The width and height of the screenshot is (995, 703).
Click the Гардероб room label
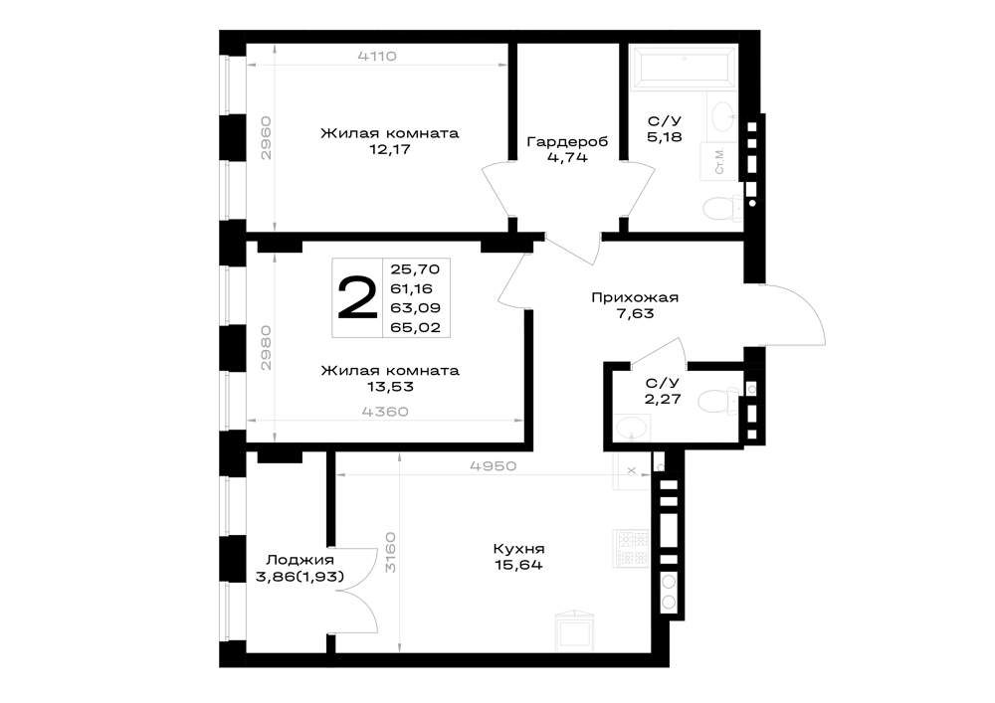coord(567,141)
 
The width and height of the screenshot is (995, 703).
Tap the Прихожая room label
coord(635,297)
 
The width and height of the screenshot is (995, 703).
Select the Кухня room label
coord(518,549)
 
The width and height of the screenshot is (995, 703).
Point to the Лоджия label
coord(299,560)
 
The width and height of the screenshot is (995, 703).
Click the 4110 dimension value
coord(377,56)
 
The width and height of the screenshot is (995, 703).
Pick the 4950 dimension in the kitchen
coord(494,466)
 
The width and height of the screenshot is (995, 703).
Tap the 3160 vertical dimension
coord(390,552)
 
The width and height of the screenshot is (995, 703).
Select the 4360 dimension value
coord(385,412)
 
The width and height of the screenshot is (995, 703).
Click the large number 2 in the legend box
coord(357,298)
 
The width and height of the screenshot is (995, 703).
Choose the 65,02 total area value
coord(416,328)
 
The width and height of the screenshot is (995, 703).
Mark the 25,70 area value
coord(415,269)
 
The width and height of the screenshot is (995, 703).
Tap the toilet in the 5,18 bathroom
coord(722,208)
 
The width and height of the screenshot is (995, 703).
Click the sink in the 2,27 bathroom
coord(632,428)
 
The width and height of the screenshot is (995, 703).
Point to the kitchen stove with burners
coord(632,548)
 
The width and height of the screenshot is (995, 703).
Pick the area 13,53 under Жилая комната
coord(390,387)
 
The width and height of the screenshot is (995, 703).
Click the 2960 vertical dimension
coord(267,137)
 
